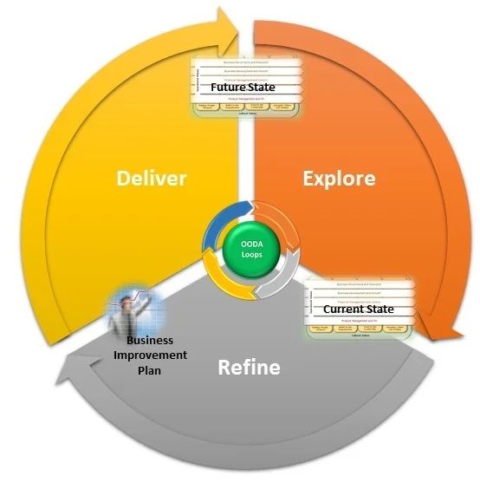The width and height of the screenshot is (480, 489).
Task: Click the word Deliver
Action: [x=152, y=178]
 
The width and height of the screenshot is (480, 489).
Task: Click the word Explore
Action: [x=339, y=178]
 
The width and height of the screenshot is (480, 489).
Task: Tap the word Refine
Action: [x=248, y=367]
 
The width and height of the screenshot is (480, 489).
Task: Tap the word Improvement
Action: [x=152, y=355]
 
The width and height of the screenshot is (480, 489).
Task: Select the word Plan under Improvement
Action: [x=152, y=371]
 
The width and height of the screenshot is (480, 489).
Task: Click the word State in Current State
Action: [x=378, y=309]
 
